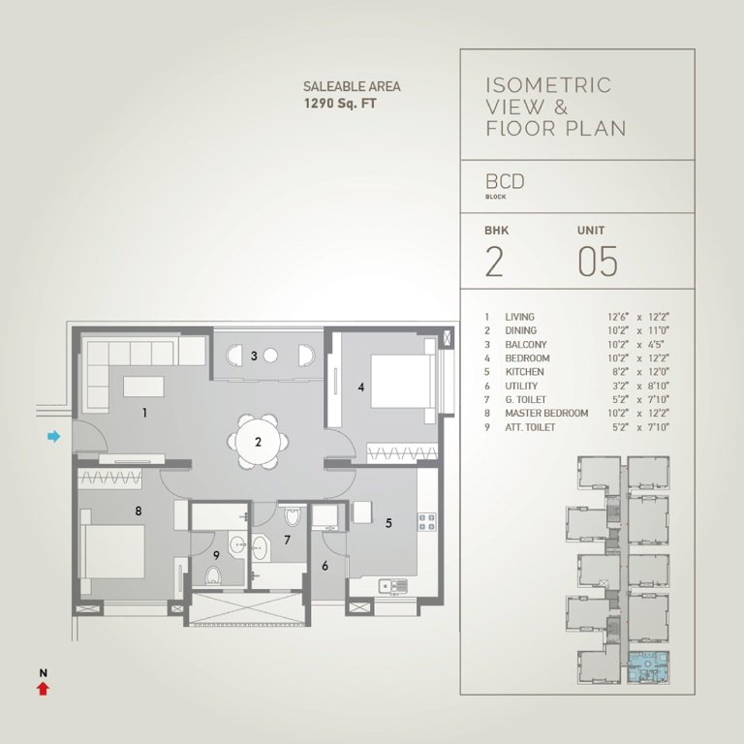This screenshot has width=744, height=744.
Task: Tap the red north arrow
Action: tap(42, 688)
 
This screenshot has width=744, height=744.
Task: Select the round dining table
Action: tap(259, 442)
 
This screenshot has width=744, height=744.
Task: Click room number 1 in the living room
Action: tap(144, 413)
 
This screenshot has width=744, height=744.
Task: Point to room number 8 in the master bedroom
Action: tap(139, 510)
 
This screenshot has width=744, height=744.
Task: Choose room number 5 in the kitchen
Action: tap(387, 523)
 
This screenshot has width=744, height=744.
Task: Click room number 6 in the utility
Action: tap(325, 566)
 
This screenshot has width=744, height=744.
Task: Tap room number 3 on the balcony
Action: tap(254, 356)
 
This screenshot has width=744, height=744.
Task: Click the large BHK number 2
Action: tap(494, 263)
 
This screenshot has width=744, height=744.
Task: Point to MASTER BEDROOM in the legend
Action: tap(546, 414)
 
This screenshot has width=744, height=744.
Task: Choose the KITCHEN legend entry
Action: tap(525, 372)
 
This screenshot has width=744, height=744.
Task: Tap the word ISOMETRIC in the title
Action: tap(547, 85)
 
